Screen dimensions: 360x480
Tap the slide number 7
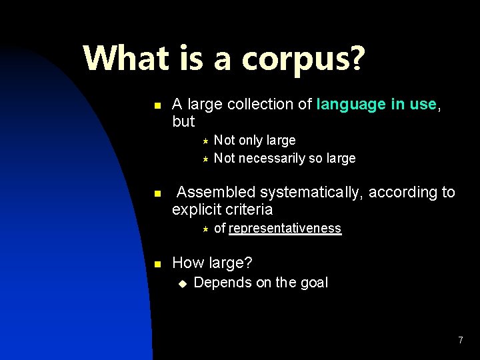pyautogui.click(x=460, y=341)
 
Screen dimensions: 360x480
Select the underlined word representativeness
pyautogui.click(x=285, y=229)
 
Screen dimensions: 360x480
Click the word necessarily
pyautogui.click(x=271, y=158)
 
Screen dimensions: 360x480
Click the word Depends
pyautogui.click(x=217, y=282)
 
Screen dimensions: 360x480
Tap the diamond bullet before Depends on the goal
pyautogui.click(x=181, y=283)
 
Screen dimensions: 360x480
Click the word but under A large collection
pyautogui.click(x=183, y=121)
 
